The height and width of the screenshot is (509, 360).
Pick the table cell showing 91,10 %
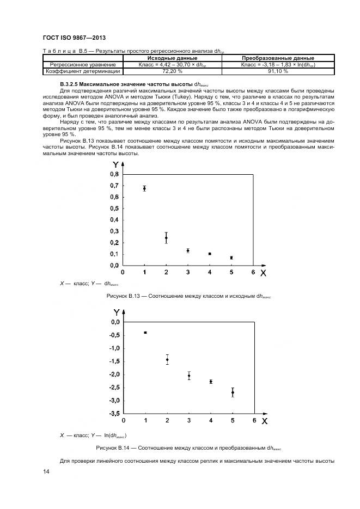(x=278, y=71)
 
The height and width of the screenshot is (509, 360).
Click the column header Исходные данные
(x=172, y=58)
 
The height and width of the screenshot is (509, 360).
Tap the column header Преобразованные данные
(x=278, y=58)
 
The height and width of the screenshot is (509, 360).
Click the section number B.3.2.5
(x=69, y=85)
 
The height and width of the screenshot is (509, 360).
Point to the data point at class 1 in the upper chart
(x=144, y=188)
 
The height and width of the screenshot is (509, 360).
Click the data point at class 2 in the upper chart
(x=166, y=238)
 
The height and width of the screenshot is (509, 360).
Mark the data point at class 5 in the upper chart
(x=231, y=257)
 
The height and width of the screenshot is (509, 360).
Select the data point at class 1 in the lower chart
(x=145, y=332)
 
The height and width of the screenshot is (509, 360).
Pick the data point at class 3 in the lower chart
(x=189, y=376)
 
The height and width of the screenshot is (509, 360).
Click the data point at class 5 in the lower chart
(x=233, y=393)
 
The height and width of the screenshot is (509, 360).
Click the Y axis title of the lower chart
(x=117, y=312)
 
